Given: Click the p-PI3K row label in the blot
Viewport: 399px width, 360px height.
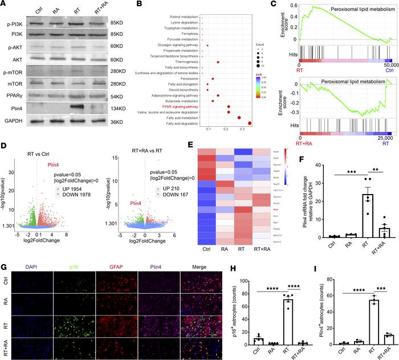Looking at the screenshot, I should pyautogui.click(x=17, y=24).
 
